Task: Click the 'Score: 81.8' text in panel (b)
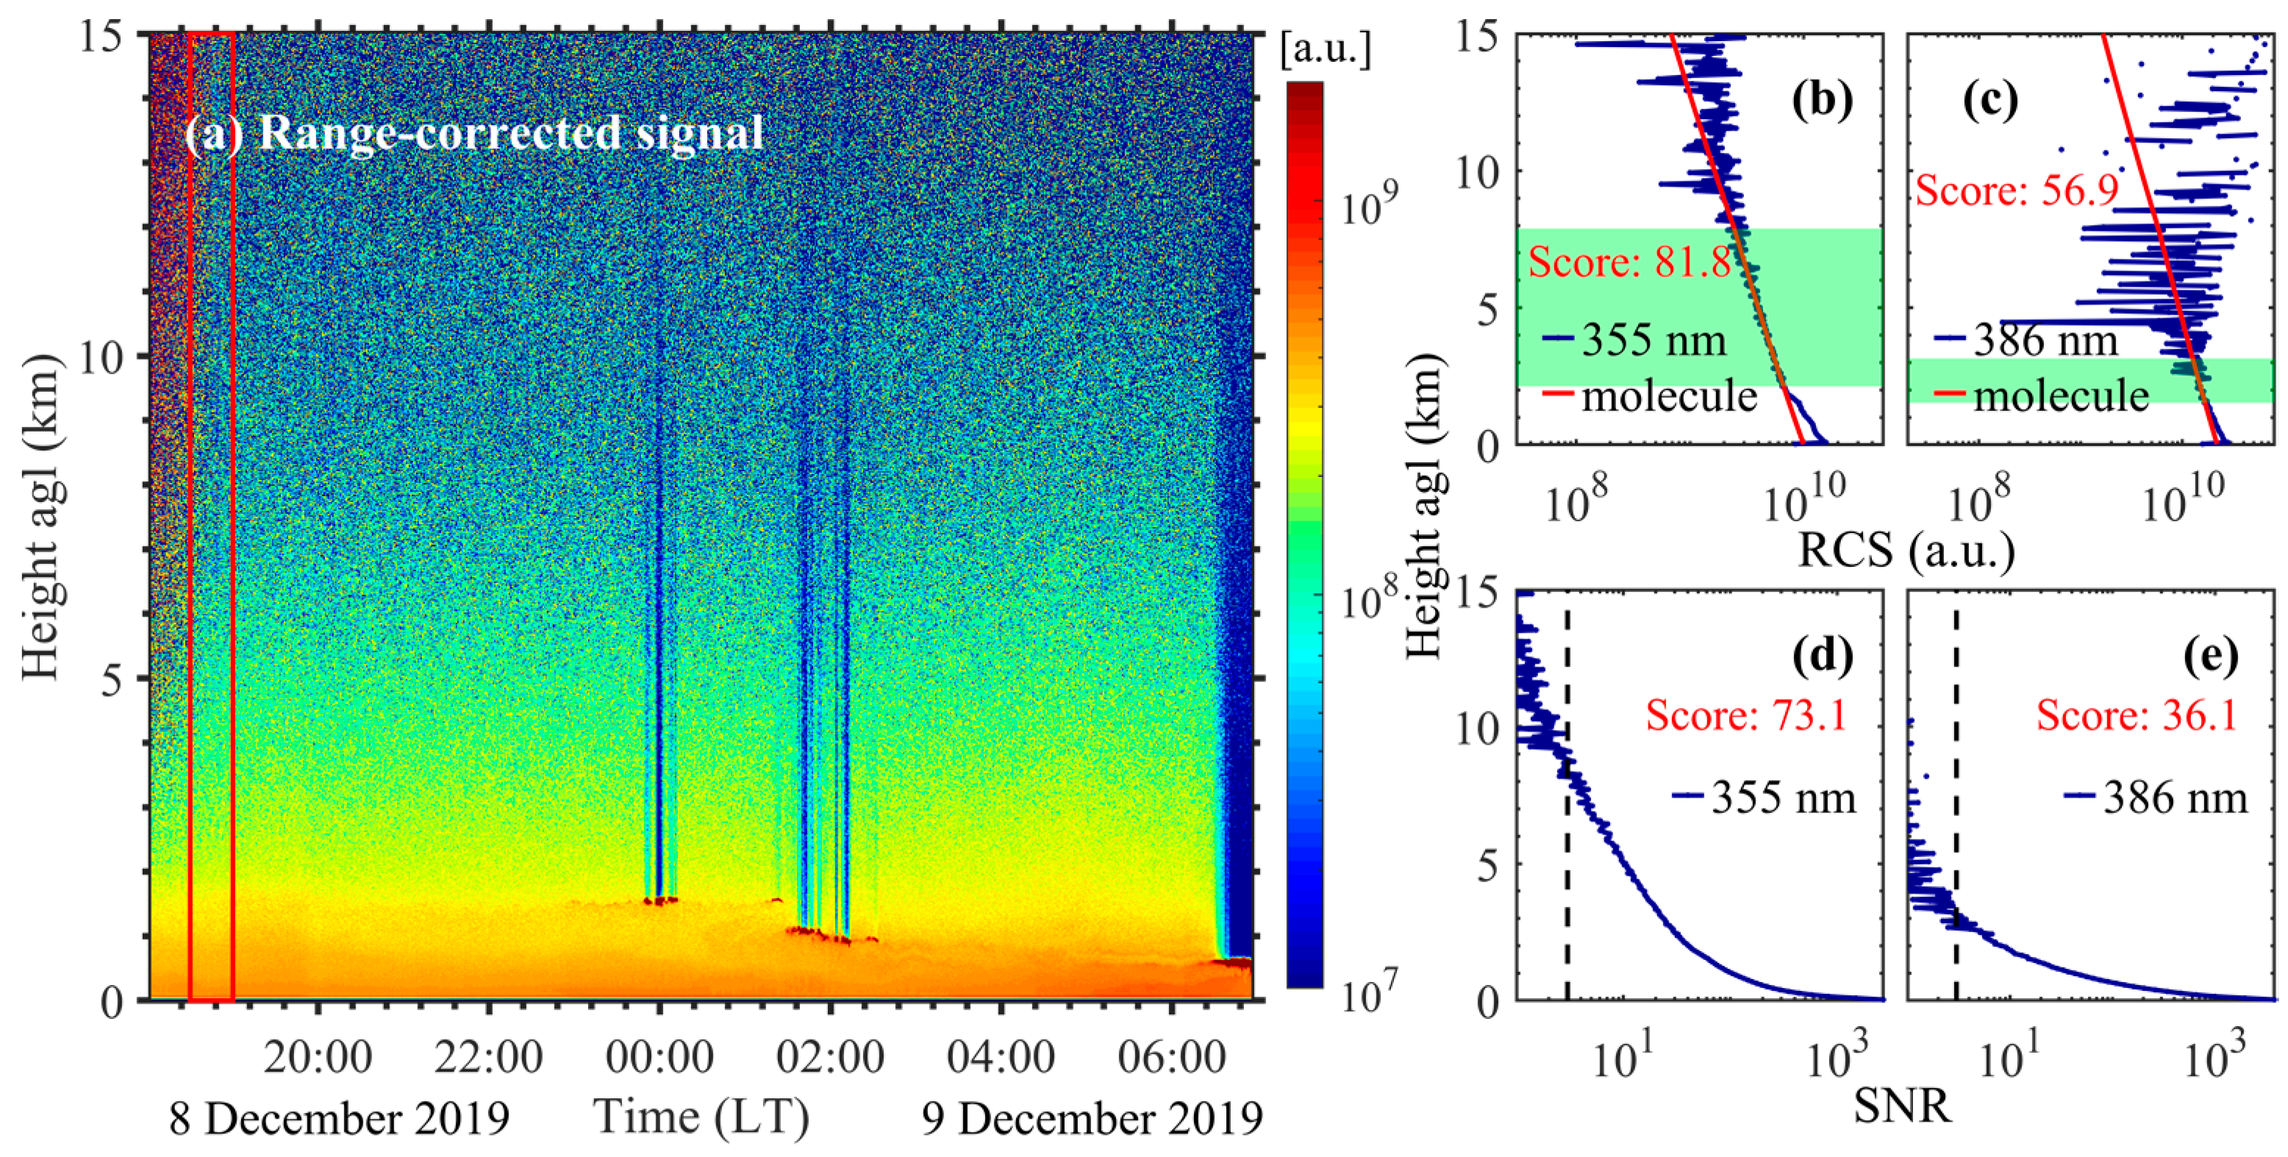click(1629, 263)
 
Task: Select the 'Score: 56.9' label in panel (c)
click(2016, 191)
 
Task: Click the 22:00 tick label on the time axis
click(488, 1059)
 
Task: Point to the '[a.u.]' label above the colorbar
click(1325, 51)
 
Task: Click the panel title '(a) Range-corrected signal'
click(473, 133)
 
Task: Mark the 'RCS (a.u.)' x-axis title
click(1906, 551)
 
